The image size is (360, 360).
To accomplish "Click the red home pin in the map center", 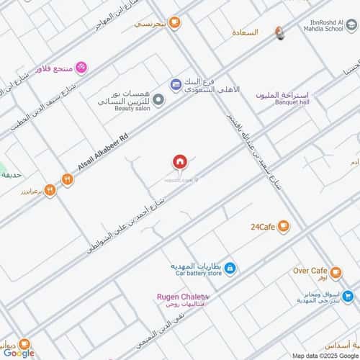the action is click(x=179, y=162).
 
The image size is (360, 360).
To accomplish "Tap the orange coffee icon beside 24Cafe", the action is click(x=284, y=227).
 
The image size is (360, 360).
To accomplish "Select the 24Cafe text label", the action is click(x=263, y=227).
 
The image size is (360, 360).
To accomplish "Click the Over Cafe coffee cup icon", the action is click(x=339, y=271).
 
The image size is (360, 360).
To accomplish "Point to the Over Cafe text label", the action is click(x=310, y=271).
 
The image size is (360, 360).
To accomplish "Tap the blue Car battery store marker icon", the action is click(x=230, y=269).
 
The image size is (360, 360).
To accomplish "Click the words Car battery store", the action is click(x=197, y=274).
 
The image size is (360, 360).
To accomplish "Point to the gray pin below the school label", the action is click(x=280, y=33).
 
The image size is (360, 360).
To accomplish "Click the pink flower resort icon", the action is click(x=81, y=67).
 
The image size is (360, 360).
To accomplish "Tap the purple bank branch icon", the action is click(x=176, y=85).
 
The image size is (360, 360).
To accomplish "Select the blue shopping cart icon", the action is click(x=348, y=295).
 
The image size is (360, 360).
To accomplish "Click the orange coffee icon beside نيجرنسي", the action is click(x=175, y=23).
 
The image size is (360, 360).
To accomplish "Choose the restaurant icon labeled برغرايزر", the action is click(x=50, y=190).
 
